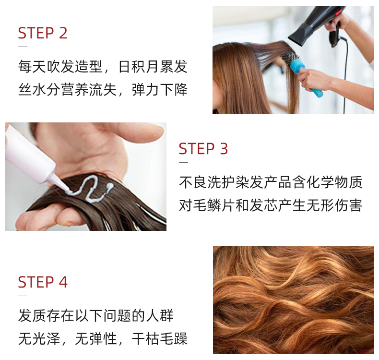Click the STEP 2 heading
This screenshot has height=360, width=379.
click(43, 33)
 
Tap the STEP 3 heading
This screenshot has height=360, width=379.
click(203, 149)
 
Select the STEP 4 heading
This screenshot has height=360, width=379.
click(43, 282)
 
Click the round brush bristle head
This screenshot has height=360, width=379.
click(289, 58)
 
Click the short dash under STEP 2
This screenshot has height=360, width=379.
click(23, 47)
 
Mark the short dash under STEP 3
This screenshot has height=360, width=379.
click(183, 162)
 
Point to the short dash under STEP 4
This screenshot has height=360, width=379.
click(23, 296)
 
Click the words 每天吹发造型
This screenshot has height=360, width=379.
click(60, 66)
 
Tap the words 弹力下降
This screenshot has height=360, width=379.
click(160, 89)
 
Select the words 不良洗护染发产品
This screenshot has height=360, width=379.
click(235, 182)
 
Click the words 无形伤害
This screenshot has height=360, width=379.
click(334, 205)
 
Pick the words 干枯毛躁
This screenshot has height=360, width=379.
click(160, 338)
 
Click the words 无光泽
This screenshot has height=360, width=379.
click(39, 338)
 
